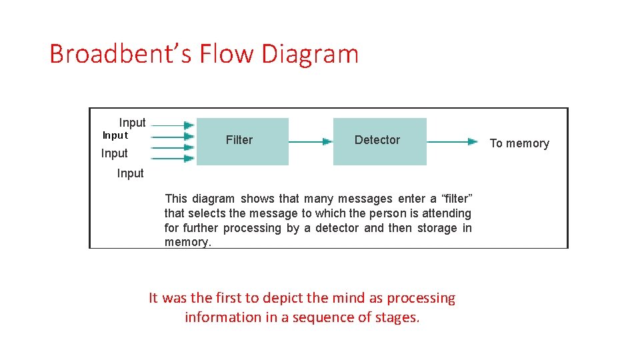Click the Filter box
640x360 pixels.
(243, 141)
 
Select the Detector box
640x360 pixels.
(379, 141)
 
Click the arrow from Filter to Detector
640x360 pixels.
(311, 141)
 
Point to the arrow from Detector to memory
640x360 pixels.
(452, 141)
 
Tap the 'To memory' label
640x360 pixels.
(519, 143)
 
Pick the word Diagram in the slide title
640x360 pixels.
(310, 54)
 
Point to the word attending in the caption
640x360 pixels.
(448, 213)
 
